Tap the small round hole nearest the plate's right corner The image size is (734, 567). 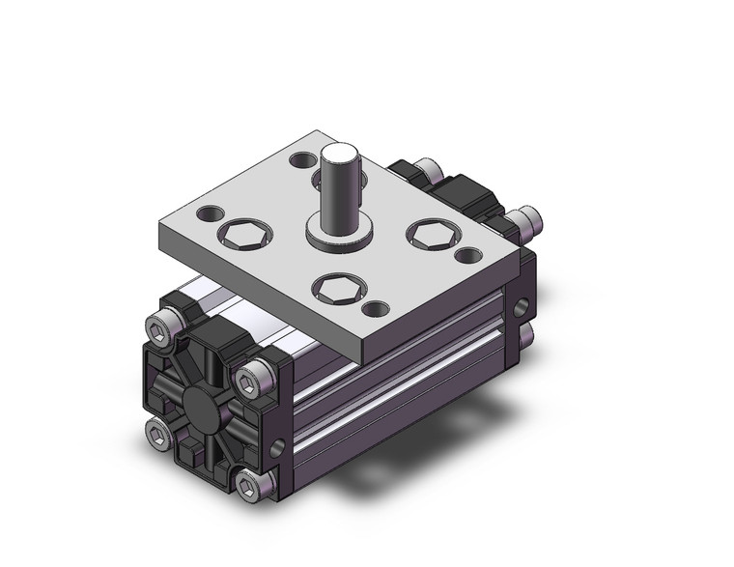[467, 256]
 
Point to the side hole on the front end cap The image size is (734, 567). [280, 445]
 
